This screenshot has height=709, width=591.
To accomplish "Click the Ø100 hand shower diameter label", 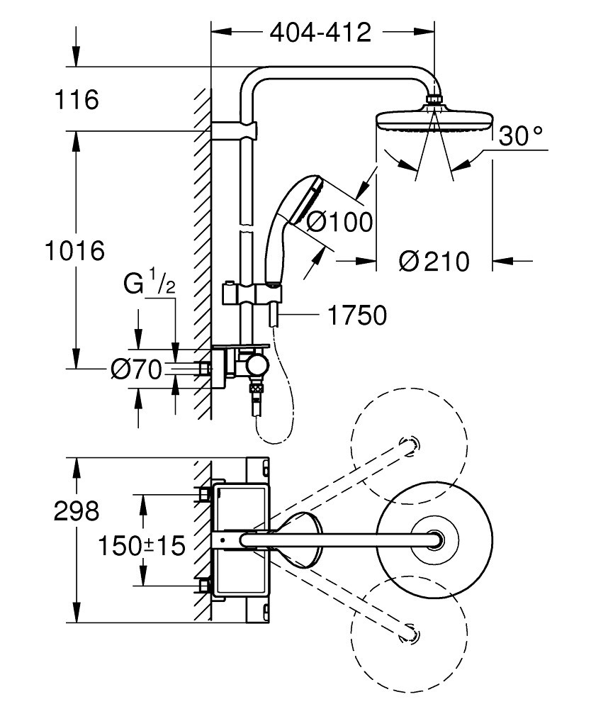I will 340,223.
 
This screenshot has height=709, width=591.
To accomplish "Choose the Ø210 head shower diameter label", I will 434,262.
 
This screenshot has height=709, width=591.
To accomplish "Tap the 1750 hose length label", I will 356,315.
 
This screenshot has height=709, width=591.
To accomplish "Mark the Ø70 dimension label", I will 137,369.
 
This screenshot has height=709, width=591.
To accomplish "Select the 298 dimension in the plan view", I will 77,511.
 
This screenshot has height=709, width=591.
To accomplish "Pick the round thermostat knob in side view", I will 256,367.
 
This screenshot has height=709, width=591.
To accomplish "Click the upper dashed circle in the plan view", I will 410,445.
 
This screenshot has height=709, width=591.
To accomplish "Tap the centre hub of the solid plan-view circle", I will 433,540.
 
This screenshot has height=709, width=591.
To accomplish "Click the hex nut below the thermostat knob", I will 256,389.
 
